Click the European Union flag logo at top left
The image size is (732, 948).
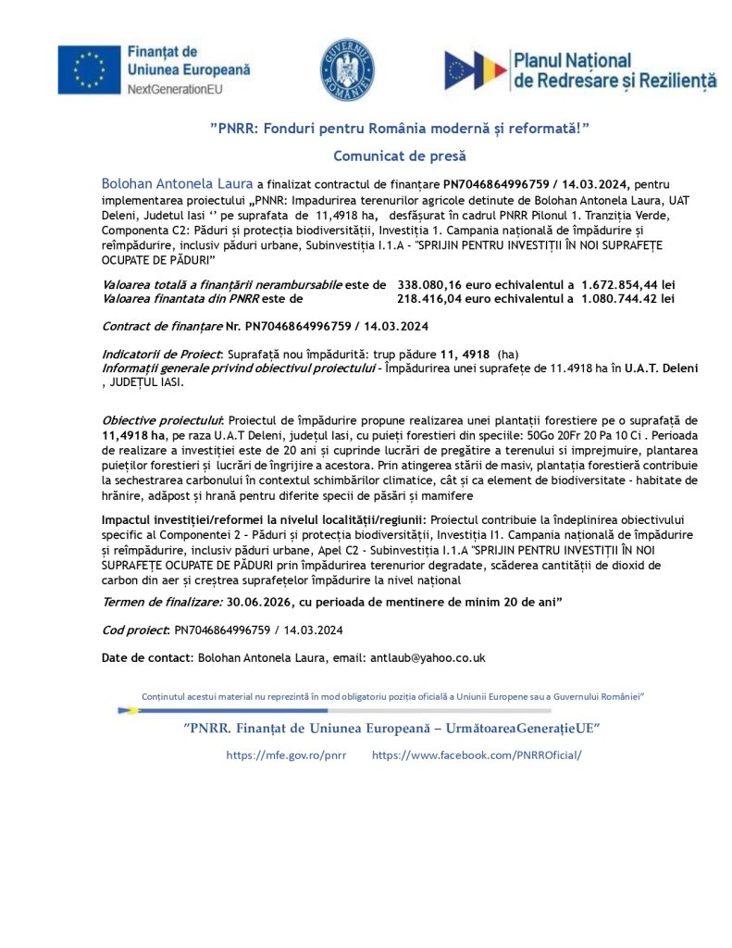(x=89, y=70)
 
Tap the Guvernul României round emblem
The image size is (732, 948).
(x=347, y=70)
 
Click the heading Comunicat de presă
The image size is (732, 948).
(x=400, y=156)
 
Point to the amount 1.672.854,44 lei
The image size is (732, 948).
(x=628, y=285)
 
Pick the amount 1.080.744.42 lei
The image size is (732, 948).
(x=628, y=299)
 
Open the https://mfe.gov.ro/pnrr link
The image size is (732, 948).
(x=286, y=755)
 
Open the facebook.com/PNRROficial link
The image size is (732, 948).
(x=477, y=755)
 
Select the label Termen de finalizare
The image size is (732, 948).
(x=162, y=602)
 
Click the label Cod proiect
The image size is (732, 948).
(x=135, y=630)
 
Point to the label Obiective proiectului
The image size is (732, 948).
(x=162, y=419)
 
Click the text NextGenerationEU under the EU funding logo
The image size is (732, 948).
(x=176, y=89)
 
